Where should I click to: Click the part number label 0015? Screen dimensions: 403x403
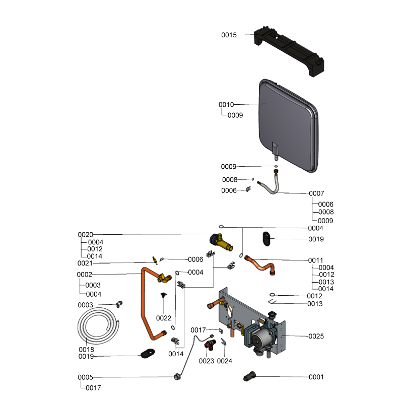pyautogui.click(x=229, y=35)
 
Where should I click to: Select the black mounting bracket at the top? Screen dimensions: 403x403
pyautogui.click(x=289, y=50)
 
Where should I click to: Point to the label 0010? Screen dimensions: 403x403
pyautogui.click(x=226, y=105)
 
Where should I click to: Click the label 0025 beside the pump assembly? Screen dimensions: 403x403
pyautogui.click(x=316, y=336)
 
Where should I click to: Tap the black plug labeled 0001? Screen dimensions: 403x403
pyautogui.click(x=252, y=376)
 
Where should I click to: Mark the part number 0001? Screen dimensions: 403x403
pyautogui.click(x=316, y=377)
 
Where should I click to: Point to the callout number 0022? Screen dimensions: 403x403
pyautogui.click(x=164, y=318)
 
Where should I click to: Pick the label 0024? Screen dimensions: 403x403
pyautogui.click(x=224, y=361)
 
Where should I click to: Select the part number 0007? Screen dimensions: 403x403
pyautogui.click(x=316, y=193)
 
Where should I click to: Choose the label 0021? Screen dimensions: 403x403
pyautogui.click(x=85, y=263)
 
